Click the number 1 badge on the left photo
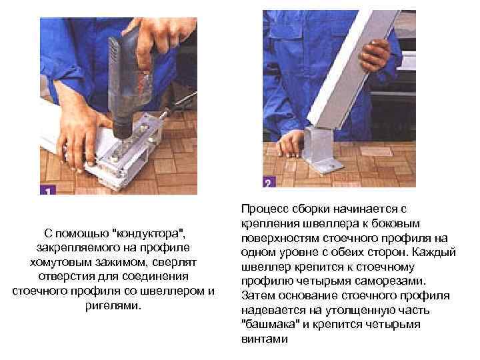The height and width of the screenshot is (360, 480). pos(47,190)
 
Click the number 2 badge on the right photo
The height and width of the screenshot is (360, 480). pos(267,183)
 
